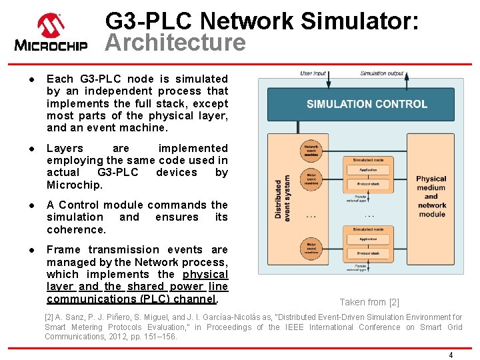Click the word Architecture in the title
175,43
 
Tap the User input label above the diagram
313,73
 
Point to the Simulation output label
381,73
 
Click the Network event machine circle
311,150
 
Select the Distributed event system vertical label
283,197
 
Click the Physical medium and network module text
431,197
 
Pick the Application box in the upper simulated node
367,170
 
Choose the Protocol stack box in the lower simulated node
367,254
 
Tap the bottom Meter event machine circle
311,247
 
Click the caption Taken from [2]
369,302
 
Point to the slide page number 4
451,355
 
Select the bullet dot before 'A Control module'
31,205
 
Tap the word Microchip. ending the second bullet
75,185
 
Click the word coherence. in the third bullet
76,229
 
